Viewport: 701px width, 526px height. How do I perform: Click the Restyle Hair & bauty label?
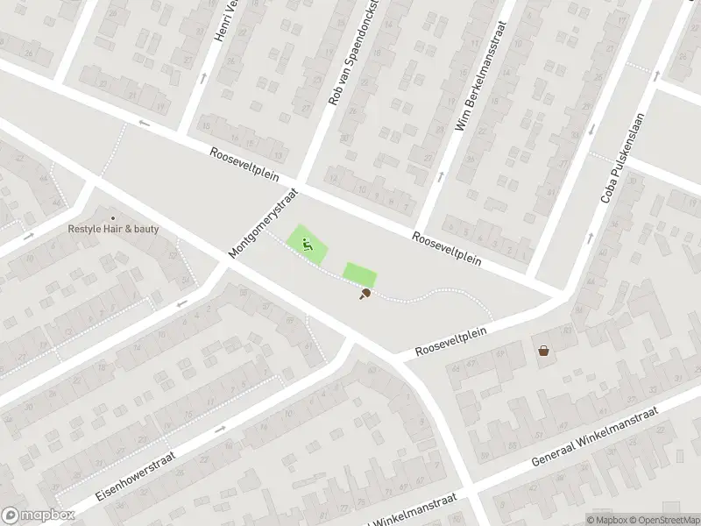pos(114,230)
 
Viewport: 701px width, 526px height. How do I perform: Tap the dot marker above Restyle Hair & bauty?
pos(112,217)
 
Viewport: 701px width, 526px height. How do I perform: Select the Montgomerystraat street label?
pos(264,223)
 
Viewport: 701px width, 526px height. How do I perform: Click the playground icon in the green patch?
pos(308,245)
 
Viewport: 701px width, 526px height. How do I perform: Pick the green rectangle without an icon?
pos(358,274)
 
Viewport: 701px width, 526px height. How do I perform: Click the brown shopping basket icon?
pos(544,351)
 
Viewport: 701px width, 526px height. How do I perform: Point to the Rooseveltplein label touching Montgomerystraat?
pos(244,164)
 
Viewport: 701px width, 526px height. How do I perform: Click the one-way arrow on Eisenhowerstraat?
pos(220,429)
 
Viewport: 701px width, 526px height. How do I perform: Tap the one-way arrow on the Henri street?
pos(204,78)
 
